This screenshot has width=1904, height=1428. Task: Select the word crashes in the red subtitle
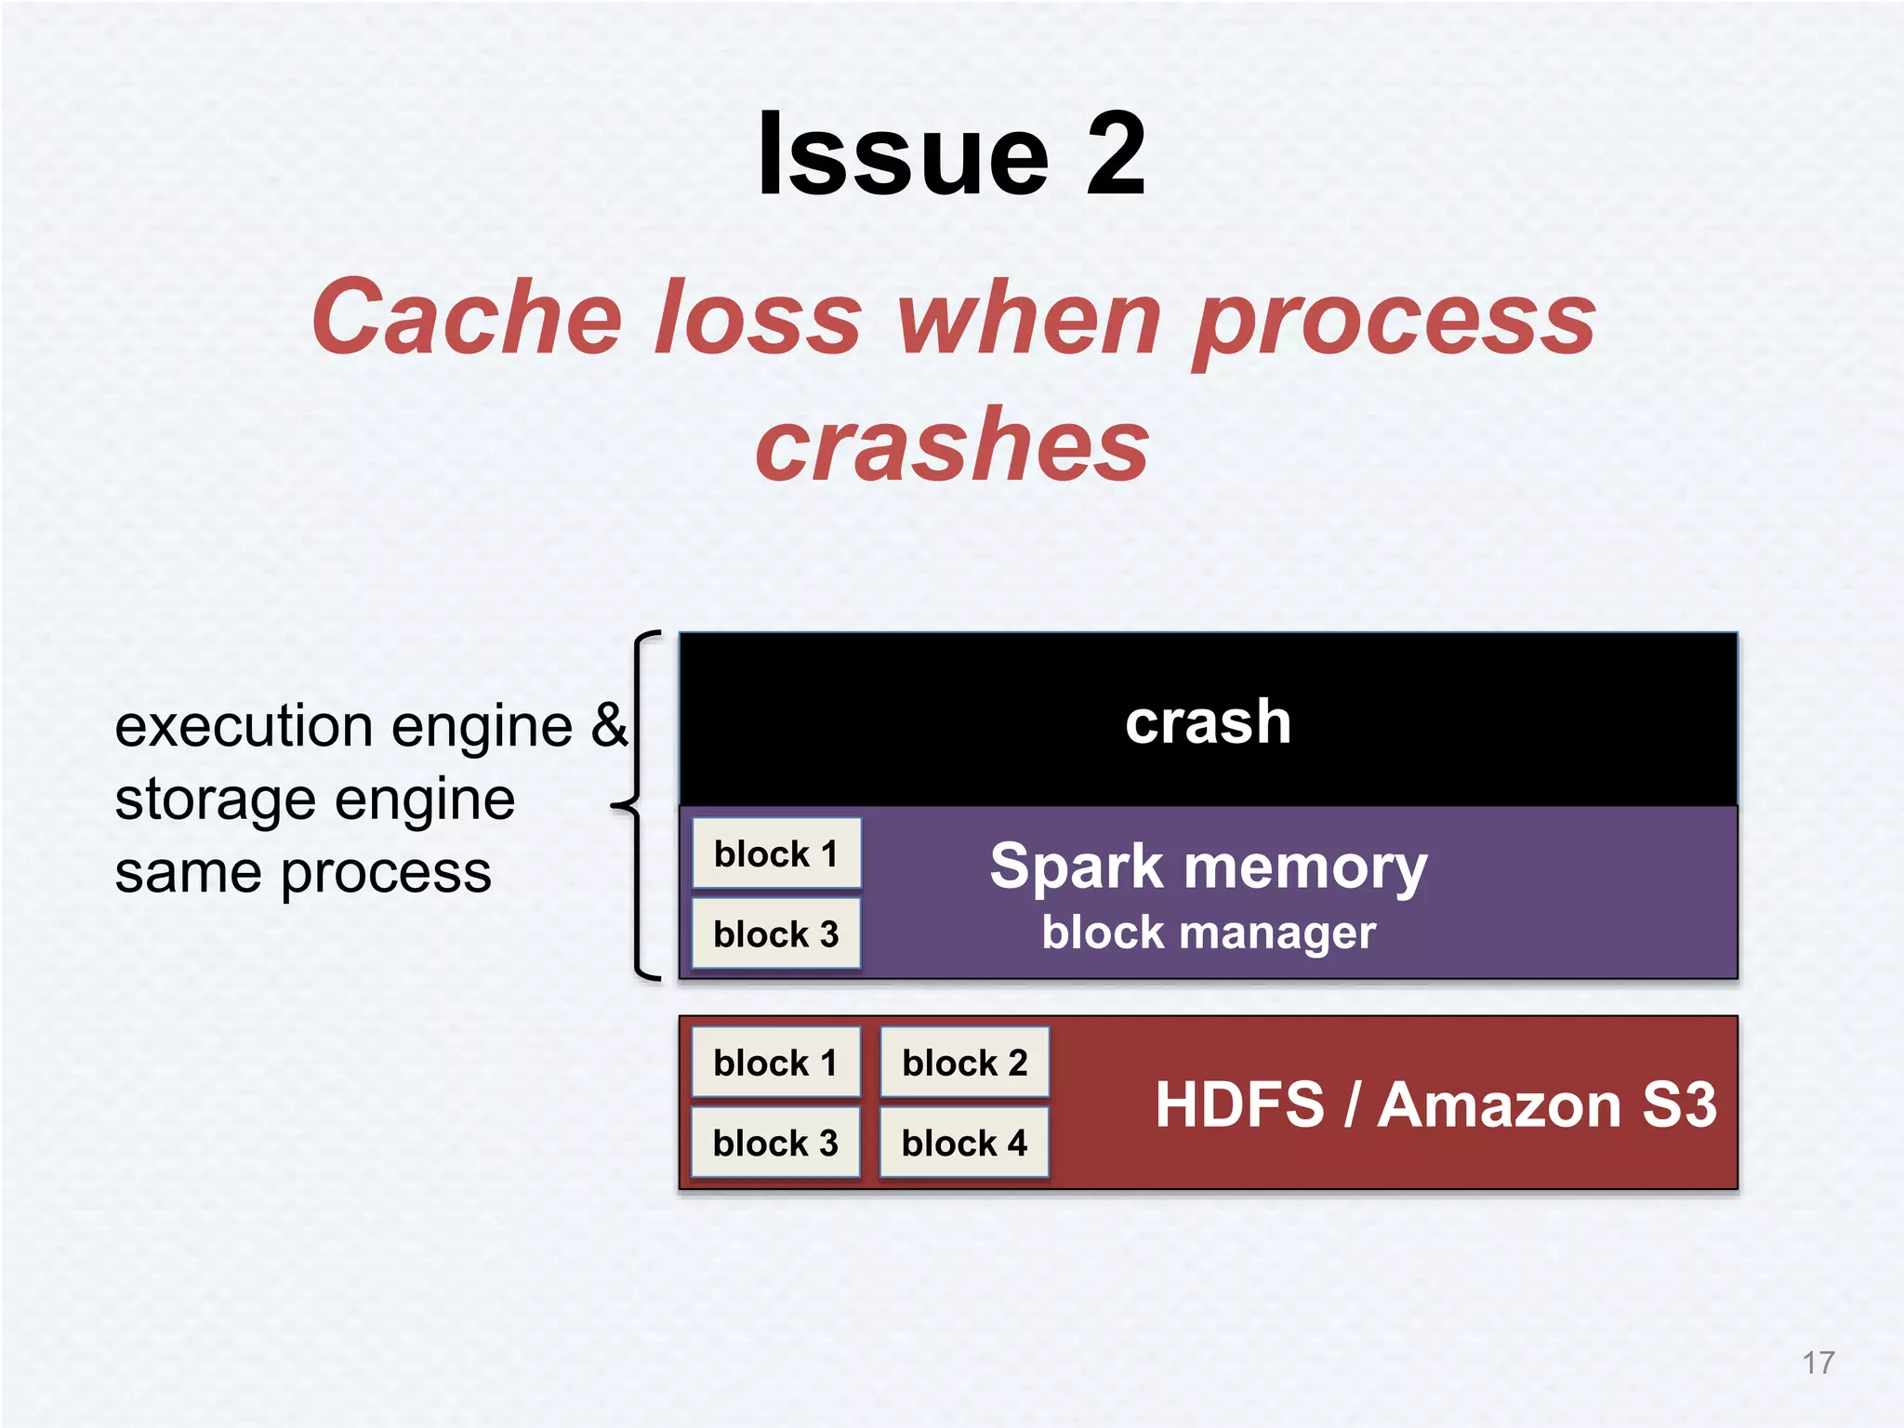952,446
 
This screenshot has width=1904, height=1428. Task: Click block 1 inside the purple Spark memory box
776,853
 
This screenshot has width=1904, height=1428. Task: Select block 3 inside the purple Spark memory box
776,933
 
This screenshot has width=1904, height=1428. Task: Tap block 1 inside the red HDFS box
776,1063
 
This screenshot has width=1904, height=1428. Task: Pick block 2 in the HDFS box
964,1063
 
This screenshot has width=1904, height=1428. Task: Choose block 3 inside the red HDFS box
776,1143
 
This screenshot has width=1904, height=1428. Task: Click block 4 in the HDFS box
964,1143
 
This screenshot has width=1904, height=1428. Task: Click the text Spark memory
1208,866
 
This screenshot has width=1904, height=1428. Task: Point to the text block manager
1208,932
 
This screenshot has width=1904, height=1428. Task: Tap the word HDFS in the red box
1238,1104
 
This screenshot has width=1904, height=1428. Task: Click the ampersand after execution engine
610,724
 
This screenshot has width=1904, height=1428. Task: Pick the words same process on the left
303,873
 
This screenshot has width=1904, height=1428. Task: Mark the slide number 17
1818,1363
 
